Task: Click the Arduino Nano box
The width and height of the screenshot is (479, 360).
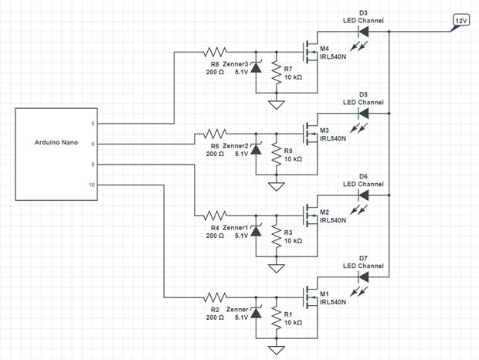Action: (x=58, y=155)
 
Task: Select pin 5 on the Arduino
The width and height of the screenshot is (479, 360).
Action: (x=93, y=124)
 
